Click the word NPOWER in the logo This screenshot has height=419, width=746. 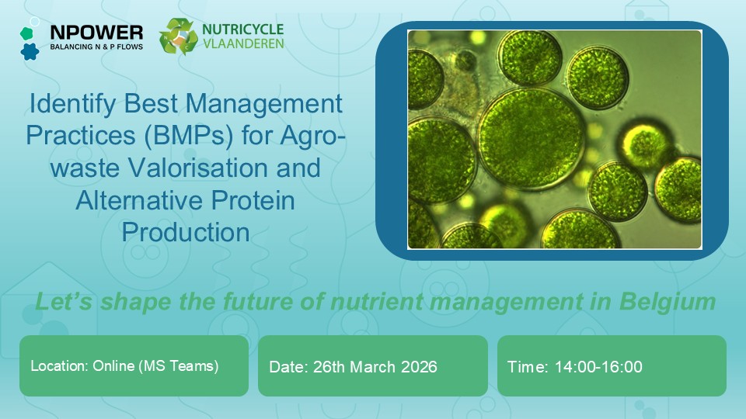point(96,33)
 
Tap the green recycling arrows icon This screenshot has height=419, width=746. point(178,36)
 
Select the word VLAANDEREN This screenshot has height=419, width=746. point(243,43)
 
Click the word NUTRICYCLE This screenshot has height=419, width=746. point(242,29)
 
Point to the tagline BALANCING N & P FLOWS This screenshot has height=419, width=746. point(96,47)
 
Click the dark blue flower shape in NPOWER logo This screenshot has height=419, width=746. point(30,51)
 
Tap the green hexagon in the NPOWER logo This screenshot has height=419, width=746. point(26,33)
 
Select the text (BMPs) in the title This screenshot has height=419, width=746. point(189,135)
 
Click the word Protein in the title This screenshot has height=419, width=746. point(253,200)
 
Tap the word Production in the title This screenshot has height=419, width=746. point(186,232)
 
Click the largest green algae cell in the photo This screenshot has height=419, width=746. point(532,139)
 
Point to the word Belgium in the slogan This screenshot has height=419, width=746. point(668,302)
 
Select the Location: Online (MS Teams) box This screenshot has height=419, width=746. point(134,365)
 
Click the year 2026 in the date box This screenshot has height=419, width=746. point(419,367)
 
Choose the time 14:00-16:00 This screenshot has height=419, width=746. point(598,367)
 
